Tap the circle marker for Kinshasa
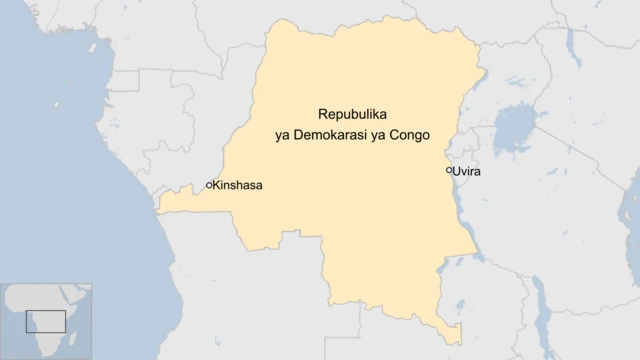point(209,185)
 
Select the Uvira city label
point(467,172)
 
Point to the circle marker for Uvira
point(449,171)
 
